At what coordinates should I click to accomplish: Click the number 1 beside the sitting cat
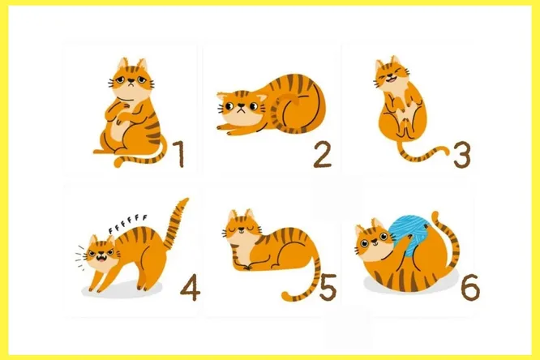click(179, 154)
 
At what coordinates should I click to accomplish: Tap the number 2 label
click(323, 155)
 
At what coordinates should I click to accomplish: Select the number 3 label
click(461, 155)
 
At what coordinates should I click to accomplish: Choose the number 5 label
click(328, 287)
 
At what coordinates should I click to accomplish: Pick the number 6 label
click(470, 287)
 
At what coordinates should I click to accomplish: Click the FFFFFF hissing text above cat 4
click(128, 223)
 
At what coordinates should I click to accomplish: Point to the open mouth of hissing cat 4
click(101, 257)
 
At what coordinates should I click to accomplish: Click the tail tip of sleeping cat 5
click(285, 296)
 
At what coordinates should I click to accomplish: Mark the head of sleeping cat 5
click(242, 228)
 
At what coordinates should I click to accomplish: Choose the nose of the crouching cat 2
click(242, 105)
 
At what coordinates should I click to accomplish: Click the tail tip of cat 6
click(435, 216)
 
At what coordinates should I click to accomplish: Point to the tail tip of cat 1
click(118, 162)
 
